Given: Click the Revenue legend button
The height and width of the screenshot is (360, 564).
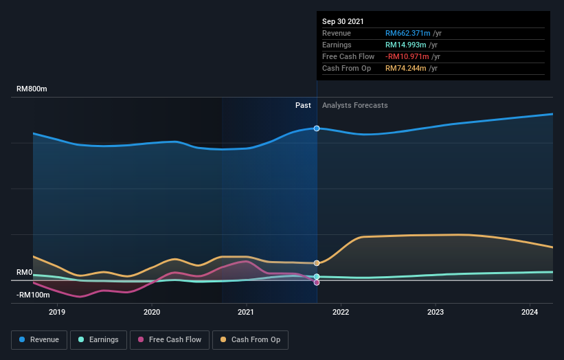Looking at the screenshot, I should coord(39,339).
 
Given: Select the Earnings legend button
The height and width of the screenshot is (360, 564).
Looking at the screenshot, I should coord(98,339).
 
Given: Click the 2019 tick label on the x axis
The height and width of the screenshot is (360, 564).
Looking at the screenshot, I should coord(57,311).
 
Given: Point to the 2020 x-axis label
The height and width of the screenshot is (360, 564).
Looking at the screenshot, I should coord(152,311).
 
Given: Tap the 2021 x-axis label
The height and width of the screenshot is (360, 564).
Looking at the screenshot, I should coord(246,311).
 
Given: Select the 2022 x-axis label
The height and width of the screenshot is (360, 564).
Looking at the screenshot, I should coord(341,311).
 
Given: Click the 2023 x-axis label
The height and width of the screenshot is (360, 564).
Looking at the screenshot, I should coord(435,311).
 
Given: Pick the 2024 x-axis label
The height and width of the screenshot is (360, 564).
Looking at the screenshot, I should coord(530,311).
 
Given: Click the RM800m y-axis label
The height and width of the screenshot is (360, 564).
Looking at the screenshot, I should coord(32,89).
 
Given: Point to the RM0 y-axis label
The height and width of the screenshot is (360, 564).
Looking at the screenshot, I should coord(25,273).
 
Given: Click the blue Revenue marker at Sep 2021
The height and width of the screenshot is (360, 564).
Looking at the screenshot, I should coord(317,128).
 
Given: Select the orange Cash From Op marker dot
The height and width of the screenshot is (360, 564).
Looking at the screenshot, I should coord(317,263).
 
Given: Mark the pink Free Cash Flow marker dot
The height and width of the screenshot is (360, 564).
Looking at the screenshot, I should coord(317,282).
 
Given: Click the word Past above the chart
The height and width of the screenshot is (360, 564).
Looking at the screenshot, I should coord(303,105).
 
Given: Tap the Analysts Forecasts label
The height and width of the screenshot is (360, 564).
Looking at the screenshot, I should coord(354,105).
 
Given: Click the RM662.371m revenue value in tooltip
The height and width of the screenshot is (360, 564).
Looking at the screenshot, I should coord(407,33).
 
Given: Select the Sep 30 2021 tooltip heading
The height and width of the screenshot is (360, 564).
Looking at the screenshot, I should coord(343,21).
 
